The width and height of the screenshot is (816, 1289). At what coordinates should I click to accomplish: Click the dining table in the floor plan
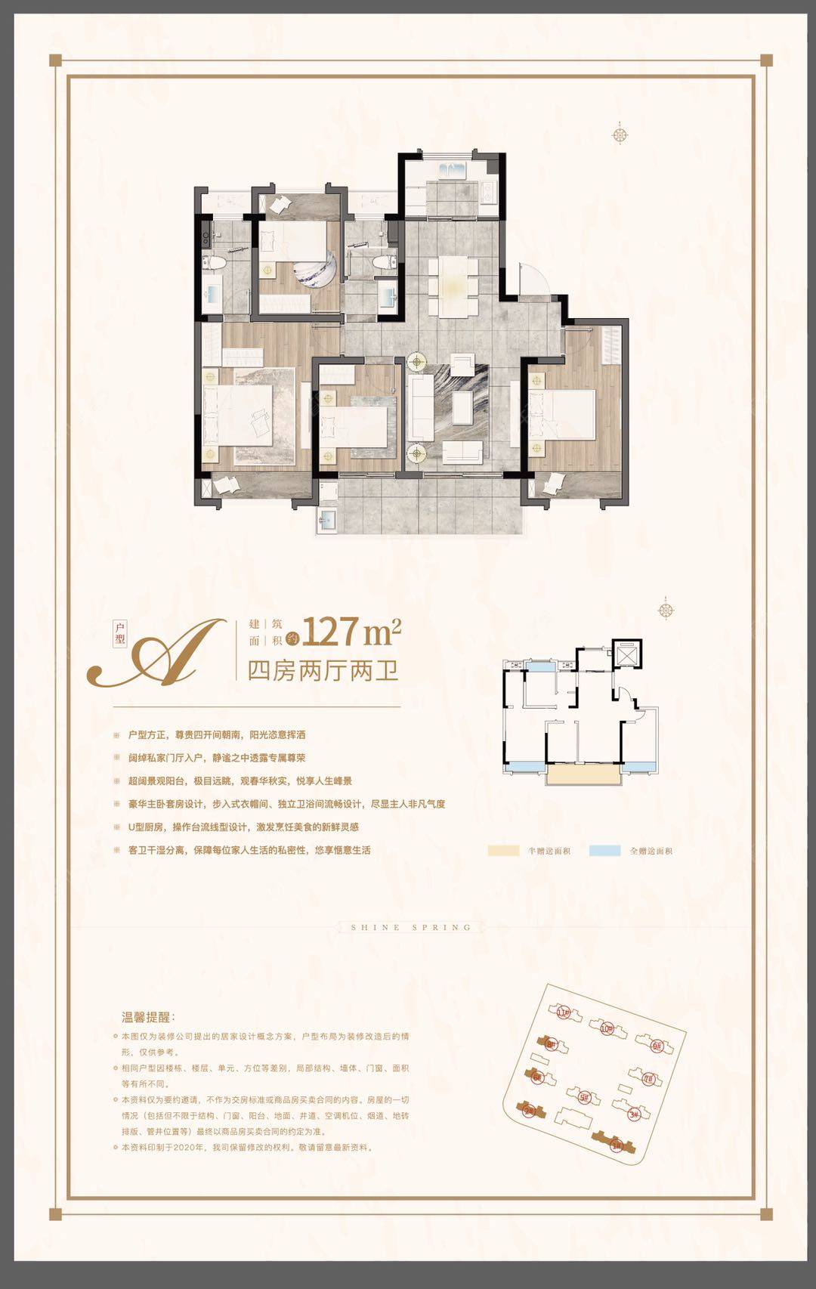coord(453,286)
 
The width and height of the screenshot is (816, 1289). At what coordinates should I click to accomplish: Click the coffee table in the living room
coord(460,400)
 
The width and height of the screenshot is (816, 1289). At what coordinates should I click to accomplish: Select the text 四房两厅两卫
coord(323,670)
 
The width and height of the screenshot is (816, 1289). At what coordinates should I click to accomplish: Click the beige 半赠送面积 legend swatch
coord(503,851)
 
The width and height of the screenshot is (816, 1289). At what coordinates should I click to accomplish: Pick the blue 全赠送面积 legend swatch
coord(604,851)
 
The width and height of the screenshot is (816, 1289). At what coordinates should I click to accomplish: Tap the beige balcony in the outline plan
coord(583,775)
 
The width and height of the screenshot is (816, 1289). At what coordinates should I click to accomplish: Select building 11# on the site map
coord(562,1012)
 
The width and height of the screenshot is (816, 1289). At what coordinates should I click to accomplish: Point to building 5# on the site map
coord(583,1097)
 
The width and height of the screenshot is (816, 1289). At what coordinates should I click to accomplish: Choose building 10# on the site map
coord(607,1028)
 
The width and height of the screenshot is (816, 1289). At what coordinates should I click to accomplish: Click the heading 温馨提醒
coord(148,1017)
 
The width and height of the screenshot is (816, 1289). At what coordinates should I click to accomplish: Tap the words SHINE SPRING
coord(411,927)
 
